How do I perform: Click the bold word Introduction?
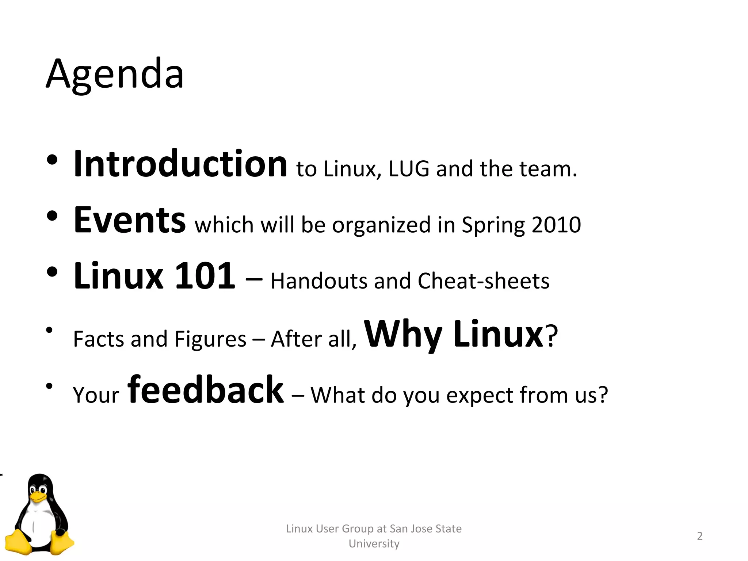point(180,164)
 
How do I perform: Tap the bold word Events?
point(130,220)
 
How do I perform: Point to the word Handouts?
point(319,281)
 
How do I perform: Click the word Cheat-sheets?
point(483,281)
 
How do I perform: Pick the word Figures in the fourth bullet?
point(210,339)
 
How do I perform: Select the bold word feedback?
point(205,390)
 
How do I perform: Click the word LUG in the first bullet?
point(409,169)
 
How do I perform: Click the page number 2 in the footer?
point(699,536)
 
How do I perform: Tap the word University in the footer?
point(374,543)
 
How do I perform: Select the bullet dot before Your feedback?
point(50,386)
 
